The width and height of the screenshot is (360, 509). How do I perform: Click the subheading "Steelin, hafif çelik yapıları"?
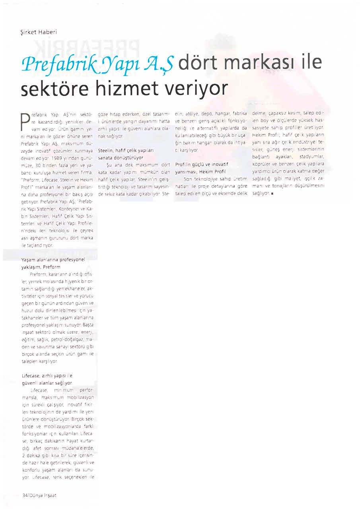click(x=126, y=151)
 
